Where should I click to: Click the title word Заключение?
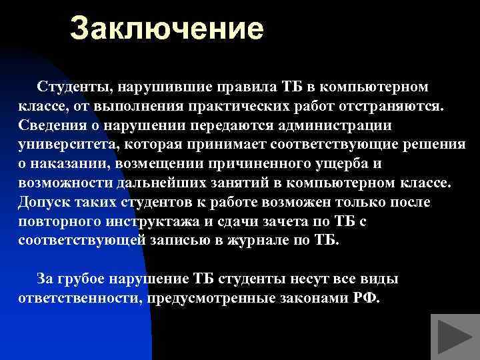pos(167,29)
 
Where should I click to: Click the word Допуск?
pos(41,202)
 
